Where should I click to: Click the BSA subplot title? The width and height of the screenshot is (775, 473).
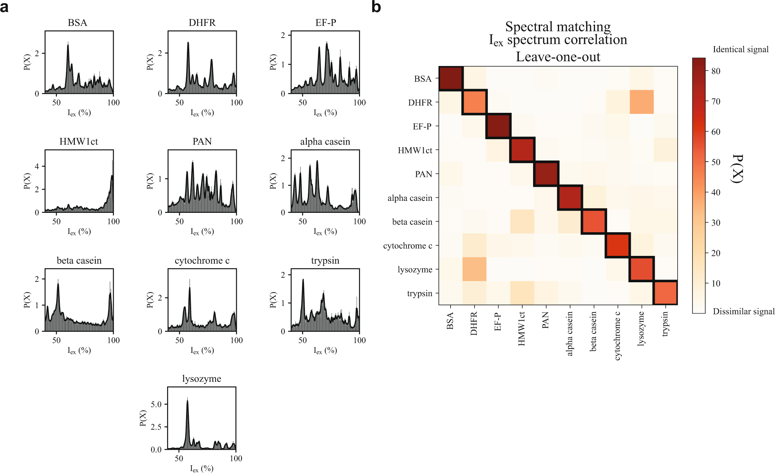pyautogui.click(x=78, y=23)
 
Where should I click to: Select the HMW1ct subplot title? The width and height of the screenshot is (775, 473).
pyautogui.click(x=79, y=142)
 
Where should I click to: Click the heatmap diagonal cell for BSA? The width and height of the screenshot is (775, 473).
pyautogui.click(x=451, y=78)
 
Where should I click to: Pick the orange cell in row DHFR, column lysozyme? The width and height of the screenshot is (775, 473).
pyautogui.click(x=642, y=102)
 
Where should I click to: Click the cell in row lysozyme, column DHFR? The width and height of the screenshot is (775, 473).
pyautogui.click(x=475, y=269)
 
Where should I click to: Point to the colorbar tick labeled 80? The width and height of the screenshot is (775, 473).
pyautogui.click(x=716, y=71)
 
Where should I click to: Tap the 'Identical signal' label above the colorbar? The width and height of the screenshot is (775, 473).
pyautogui.click(x=740, y=49)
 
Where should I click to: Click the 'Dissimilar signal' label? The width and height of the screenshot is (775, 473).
pyautogui.click(x=743, y=311)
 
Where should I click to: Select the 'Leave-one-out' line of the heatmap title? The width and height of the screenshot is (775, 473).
pyautogui.click(x=558, y=57)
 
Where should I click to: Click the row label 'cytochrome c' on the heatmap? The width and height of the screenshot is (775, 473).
pyautogui.click(x=407, y=246)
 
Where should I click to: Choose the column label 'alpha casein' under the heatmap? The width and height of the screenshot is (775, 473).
pyautogui.click(x=570, y=334)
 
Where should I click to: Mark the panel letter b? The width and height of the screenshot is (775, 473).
pyautogui.click(x=376, y=7)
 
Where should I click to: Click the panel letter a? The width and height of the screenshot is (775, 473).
pyautogui.click(x=5, y=7)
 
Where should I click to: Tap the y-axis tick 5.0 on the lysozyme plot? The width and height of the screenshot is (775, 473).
pyautogui.click(x=156, y=404)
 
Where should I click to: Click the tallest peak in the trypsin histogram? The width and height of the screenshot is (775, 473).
pyautogui.click(x=303, y=280)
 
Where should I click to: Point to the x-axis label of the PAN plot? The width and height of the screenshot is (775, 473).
pyautogui.click(x=202, y=232)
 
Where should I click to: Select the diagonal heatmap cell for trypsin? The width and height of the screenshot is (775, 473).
pyautogui.click(x=665, y=293)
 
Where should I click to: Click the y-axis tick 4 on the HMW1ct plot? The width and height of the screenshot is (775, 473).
pyautogui.click(x=37, y=166)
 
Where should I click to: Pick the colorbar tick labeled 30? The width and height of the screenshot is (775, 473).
pyautogui.click(x=716, y=223)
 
